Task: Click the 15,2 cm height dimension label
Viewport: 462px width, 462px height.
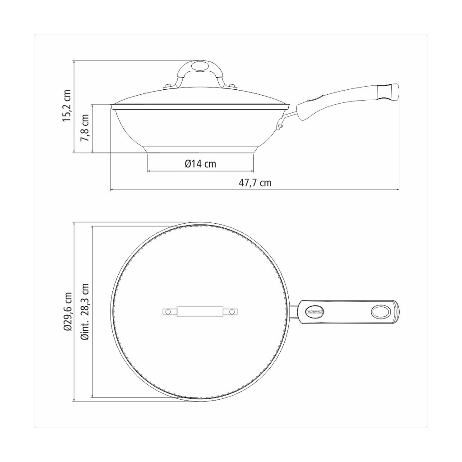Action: [67, 106]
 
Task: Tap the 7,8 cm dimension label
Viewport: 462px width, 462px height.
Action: [84, 128]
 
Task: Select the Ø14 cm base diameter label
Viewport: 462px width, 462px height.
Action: [200, 164]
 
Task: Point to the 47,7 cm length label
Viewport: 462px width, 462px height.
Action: [255, 183]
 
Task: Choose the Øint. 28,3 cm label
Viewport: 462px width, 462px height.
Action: [85, 312]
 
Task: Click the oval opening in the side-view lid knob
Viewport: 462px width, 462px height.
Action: [199, 66]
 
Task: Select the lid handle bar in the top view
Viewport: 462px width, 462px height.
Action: [200, 312]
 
